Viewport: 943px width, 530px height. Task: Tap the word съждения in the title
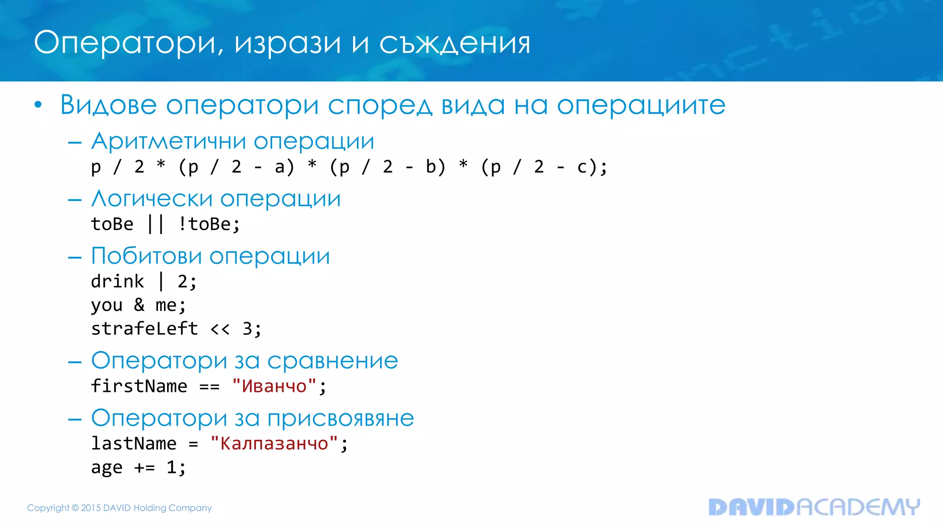454,43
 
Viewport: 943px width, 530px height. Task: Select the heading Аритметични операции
233,141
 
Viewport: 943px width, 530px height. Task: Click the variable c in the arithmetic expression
582,167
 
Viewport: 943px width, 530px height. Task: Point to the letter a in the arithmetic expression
279,167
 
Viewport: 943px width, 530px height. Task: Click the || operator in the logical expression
156,224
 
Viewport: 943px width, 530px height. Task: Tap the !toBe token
209,224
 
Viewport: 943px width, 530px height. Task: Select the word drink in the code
117,281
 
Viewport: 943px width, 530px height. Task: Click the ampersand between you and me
139,305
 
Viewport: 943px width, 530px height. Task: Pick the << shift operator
220,329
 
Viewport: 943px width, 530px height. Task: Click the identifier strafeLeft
144,328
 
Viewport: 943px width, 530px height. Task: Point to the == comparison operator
210,386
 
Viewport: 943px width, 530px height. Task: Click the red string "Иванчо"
274,386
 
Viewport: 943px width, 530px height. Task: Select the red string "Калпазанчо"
274,444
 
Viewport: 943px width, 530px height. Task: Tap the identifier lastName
134,444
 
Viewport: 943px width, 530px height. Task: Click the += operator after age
145,467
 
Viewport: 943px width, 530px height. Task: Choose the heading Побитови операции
210,256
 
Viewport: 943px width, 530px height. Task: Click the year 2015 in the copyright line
91,508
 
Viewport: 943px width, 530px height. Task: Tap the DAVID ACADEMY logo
814,507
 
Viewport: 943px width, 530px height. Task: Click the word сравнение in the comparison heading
332,360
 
